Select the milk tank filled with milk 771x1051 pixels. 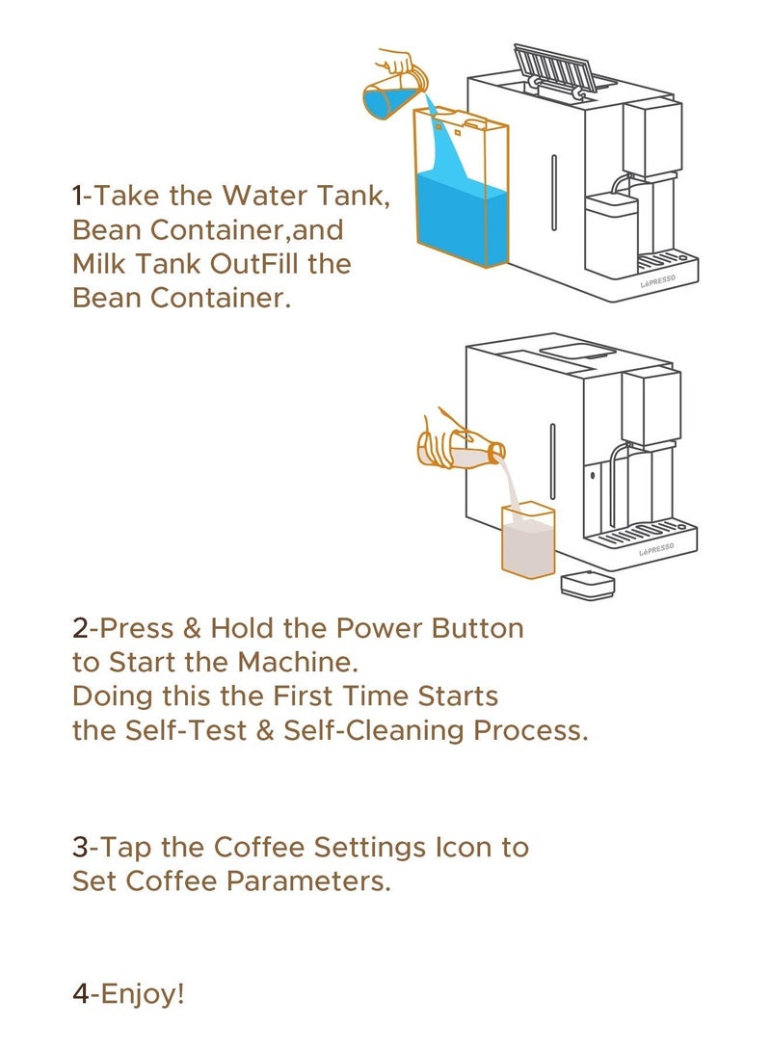[x=528, y=539]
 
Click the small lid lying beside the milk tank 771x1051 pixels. [x=587, y=584]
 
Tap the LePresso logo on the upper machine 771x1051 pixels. [x=658, y=281]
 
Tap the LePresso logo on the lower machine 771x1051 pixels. [x=656, y=550]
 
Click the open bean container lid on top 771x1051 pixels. [x=555, y=67]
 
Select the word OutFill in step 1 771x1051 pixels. [x=253, y=263]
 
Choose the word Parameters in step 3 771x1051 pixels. [x=308, y=880]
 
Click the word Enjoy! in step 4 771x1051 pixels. [x=142, y=993]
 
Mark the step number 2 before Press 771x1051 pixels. [x=80, y=629]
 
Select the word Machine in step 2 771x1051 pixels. [x=299, y=662]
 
